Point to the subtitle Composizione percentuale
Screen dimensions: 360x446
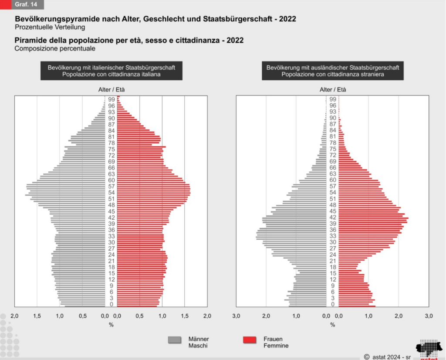point(55,48)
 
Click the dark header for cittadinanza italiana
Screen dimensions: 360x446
point(111,71)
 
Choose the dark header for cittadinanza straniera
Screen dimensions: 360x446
point(332,71)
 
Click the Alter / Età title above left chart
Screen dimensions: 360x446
point(111,90)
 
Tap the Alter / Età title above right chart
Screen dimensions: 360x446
point(332,90)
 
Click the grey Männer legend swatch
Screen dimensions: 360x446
point(174,340)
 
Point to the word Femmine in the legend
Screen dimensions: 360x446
point(276,346)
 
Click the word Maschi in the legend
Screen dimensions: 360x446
point(198,346)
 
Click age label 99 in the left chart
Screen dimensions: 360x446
point(111,100)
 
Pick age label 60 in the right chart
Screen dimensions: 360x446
point(332,180)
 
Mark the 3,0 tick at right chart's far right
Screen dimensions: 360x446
point(429,316)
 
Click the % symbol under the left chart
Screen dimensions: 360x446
point(111,325)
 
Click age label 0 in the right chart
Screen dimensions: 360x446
point(332,304)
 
